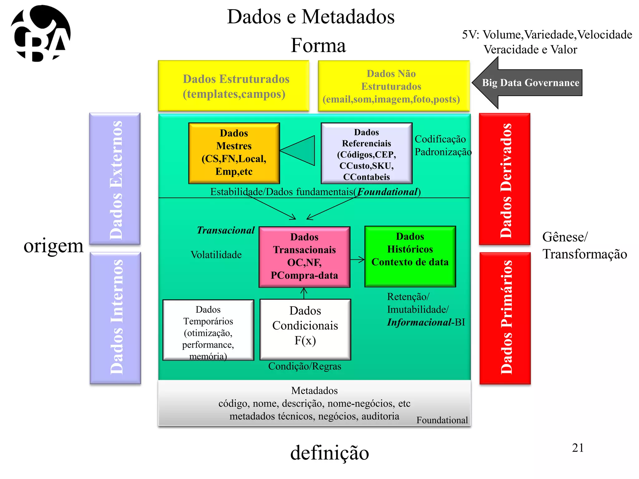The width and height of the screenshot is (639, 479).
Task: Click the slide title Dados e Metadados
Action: click(x=310, y=17)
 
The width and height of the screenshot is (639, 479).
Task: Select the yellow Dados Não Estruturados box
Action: click(x=393, y=86)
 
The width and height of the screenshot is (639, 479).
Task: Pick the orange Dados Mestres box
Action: click(x=234, y=153)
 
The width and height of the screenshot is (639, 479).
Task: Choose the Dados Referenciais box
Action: click(x=366, y=153)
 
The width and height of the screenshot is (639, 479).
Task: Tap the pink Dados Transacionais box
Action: click(x=304, y=257)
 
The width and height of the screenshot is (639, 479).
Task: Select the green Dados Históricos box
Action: click(x=410, y=256)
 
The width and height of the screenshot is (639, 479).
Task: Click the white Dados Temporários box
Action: click(x=208, y=330)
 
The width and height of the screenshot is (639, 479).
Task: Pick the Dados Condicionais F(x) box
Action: click(x=305, y=329)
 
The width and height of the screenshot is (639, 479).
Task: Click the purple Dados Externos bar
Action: click(x=115, y=179)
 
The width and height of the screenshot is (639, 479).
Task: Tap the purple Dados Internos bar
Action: click(x=115, y=318)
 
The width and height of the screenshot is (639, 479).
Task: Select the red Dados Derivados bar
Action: click(x=504, y=179)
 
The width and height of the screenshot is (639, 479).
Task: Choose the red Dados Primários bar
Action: click(x=505, y=318)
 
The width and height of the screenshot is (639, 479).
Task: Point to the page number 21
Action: click(x=578, y=448)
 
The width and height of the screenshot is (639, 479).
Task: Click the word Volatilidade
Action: click(x=216, y=255)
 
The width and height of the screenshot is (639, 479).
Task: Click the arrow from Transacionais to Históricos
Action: click(x=357, y=259)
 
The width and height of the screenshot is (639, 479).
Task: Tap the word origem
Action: click(x=54, y=246)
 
